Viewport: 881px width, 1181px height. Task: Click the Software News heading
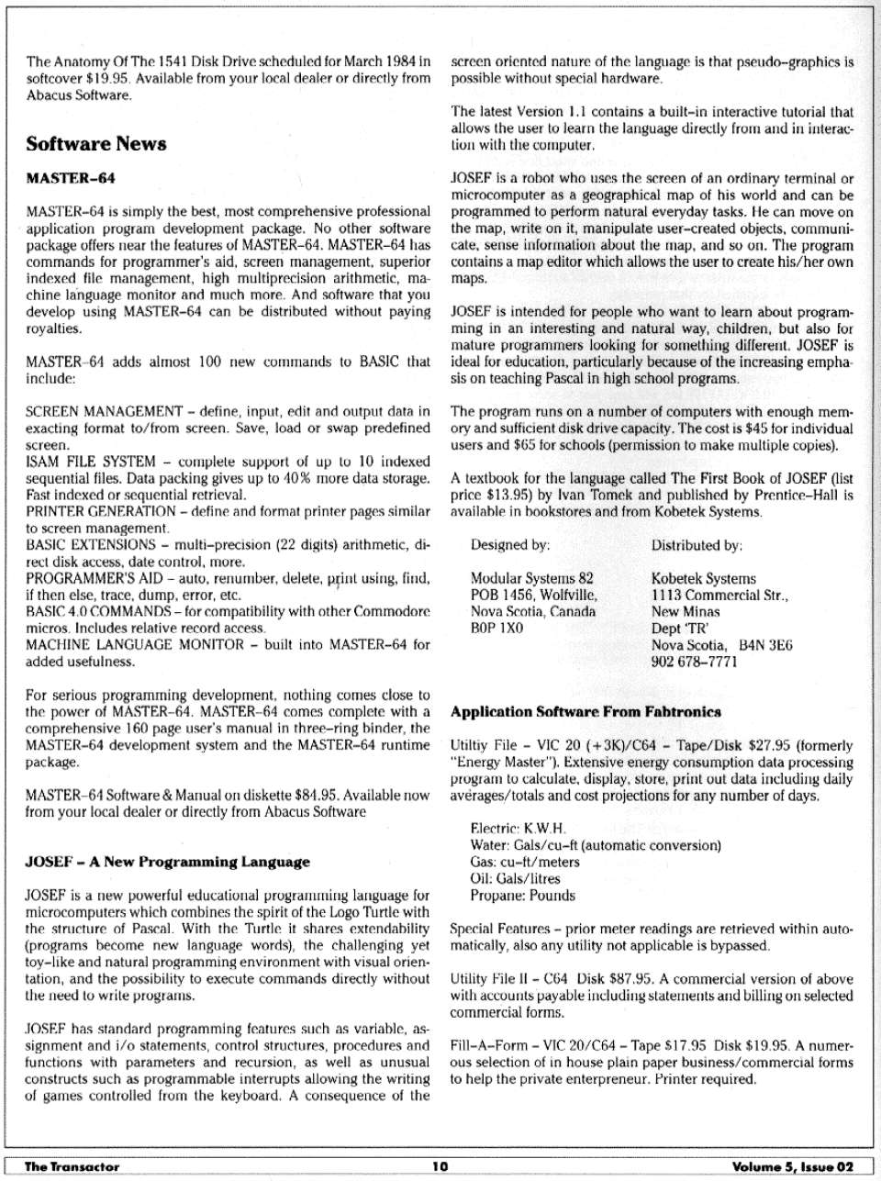point(96,144)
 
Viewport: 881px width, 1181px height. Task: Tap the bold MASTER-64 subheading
point(71,177)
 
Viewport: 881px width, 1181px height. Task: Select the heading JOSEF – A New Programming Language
point(167,862)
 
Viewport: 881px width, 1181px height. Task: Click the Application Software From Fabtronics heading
point(585,711)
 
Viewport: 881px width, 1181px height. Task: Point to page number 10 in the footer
point(440,1166)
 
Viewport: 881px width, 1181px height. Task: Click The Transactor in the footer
point(72,1166)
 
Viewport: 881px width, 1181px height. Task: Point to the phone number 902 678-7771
point(694,662)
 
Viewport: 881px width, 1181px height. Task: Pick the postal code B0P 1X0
point(496,629)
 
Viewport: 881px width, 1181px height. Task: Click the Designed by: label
point(509,545)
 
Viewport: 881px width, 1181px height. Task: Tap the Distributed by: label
point(697,545)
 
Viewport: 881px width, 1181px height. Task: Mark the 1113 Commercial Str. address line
point(719,596)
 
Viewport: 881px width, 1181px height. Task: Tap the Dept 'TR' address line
point(677,629)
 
